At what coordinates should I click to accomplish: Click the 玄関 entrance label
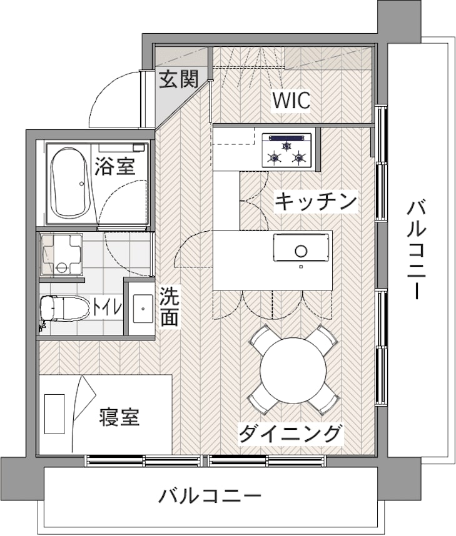coord(178,80)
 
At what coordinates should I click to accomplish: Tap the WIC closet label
coord(291,101)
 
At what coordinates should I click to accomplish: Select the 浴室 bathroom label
coord(115,166)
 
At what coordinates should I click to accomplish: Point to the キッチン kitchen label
coord(316,201)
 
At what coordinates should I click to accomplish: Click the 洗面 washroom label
coord(169,306)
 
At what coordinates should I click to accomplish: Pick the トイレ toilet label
coord(107,307)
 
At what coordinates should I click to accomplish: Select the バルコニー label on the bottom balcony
coord(209,497)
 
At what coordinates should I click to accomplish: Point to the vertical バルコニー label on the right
coord(416,249)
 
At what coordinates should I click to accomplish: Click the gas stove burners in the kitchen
coord(287,152)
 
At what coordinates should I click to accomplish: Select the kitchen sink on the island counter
coord(301,249)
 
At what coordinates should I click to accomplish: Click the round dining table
coord(293,370)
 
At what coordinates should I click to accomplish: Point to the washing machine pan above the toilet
coord(61,256)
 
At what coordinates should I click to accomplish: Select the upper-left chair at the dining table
coord(261,338)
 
